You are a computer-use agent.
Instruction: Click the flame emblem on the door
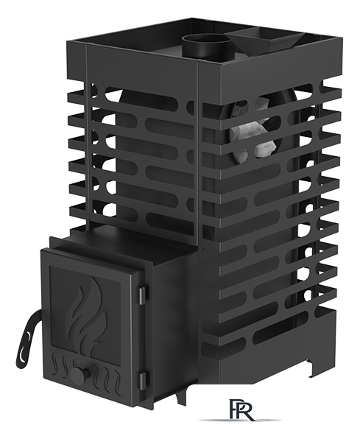pos(86,309)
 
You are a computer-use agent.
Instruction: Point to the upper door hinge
pos(142,296)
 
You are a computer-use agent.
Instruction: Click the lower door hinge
pos(142,381)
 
